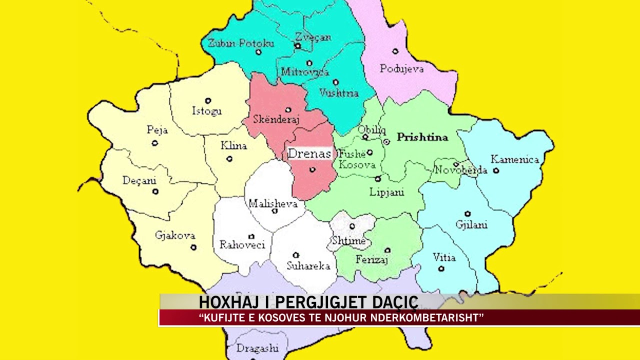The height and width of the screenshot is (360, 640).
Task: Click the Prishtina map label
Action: pos(422,137)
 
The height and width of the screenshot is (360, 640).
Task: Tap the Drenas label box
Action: pos(309,153)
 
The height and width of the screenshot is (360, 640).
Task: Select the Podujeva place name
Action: pos(401,69)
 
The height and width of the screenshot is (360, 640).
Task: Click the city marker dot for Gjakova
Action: pos(193,247)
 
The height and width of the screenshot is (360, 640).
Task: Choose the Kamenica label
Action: pos(514,159)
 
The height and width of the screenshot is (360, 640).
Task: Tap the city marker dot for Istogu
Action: pos(208,100)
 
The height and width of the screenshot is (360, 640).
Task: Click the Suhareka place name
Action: pos(308,266)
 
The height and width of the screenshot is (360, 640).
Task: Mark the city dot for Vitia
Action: pos(441,268)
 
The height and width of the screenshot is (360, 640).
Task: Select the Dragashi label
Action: pos(257,348)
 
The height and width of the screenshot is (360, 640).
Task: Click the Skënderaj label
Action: pos(276,119)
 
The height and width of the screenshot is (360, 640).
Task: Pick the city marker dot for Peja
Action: pos(155,143)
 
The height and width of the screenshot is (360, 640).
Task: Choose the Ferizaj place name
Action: pos(372,259)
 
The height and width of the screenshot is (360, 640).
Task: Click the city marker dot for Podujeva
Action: pos(395,51)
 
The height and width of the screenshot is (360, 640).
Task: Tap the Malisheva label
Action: pos(273,203)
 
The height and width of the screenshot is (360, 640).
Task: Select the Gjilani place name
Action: pos(471,224)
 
